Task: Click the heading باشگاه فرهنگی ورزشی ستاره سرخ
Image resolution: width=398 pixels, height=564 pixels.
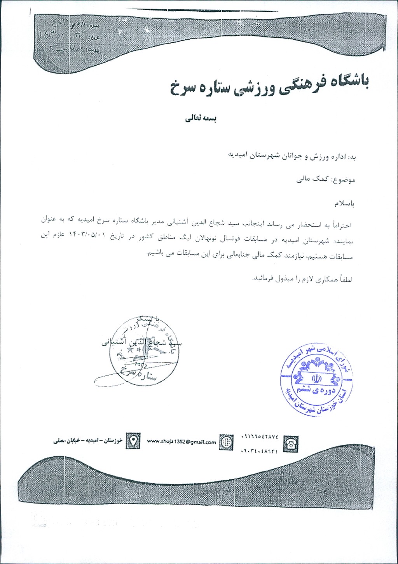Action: point(269,85)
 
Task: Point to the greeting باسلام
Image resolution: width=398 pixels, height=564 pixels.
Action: point(344,203)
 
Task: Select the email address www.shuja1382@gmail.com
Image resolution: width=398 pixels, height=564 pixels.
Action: point(181,442)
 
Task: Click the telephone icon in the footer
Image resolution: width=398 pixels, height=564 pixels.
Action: point(290,444)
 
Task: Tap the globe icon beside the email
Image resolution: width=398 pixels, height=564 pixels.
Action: point(226,442)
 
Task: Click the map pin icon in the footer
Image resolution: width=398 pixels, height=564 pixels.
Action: point(133,441)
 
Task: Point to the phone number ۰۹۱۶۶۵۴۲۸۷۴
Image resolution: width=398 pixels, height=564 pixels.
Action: point(260,437)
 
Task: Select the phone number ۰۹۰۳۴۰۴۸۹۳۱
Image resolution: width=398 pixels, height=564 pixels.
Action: point(260,451)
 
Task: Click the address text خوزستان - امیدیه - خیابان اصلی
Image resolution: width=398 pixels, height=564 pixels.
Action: point(88,441)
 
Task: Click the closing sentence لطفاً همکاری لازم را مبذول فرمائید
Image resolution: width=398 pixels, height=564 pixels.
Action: point(302,279)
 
